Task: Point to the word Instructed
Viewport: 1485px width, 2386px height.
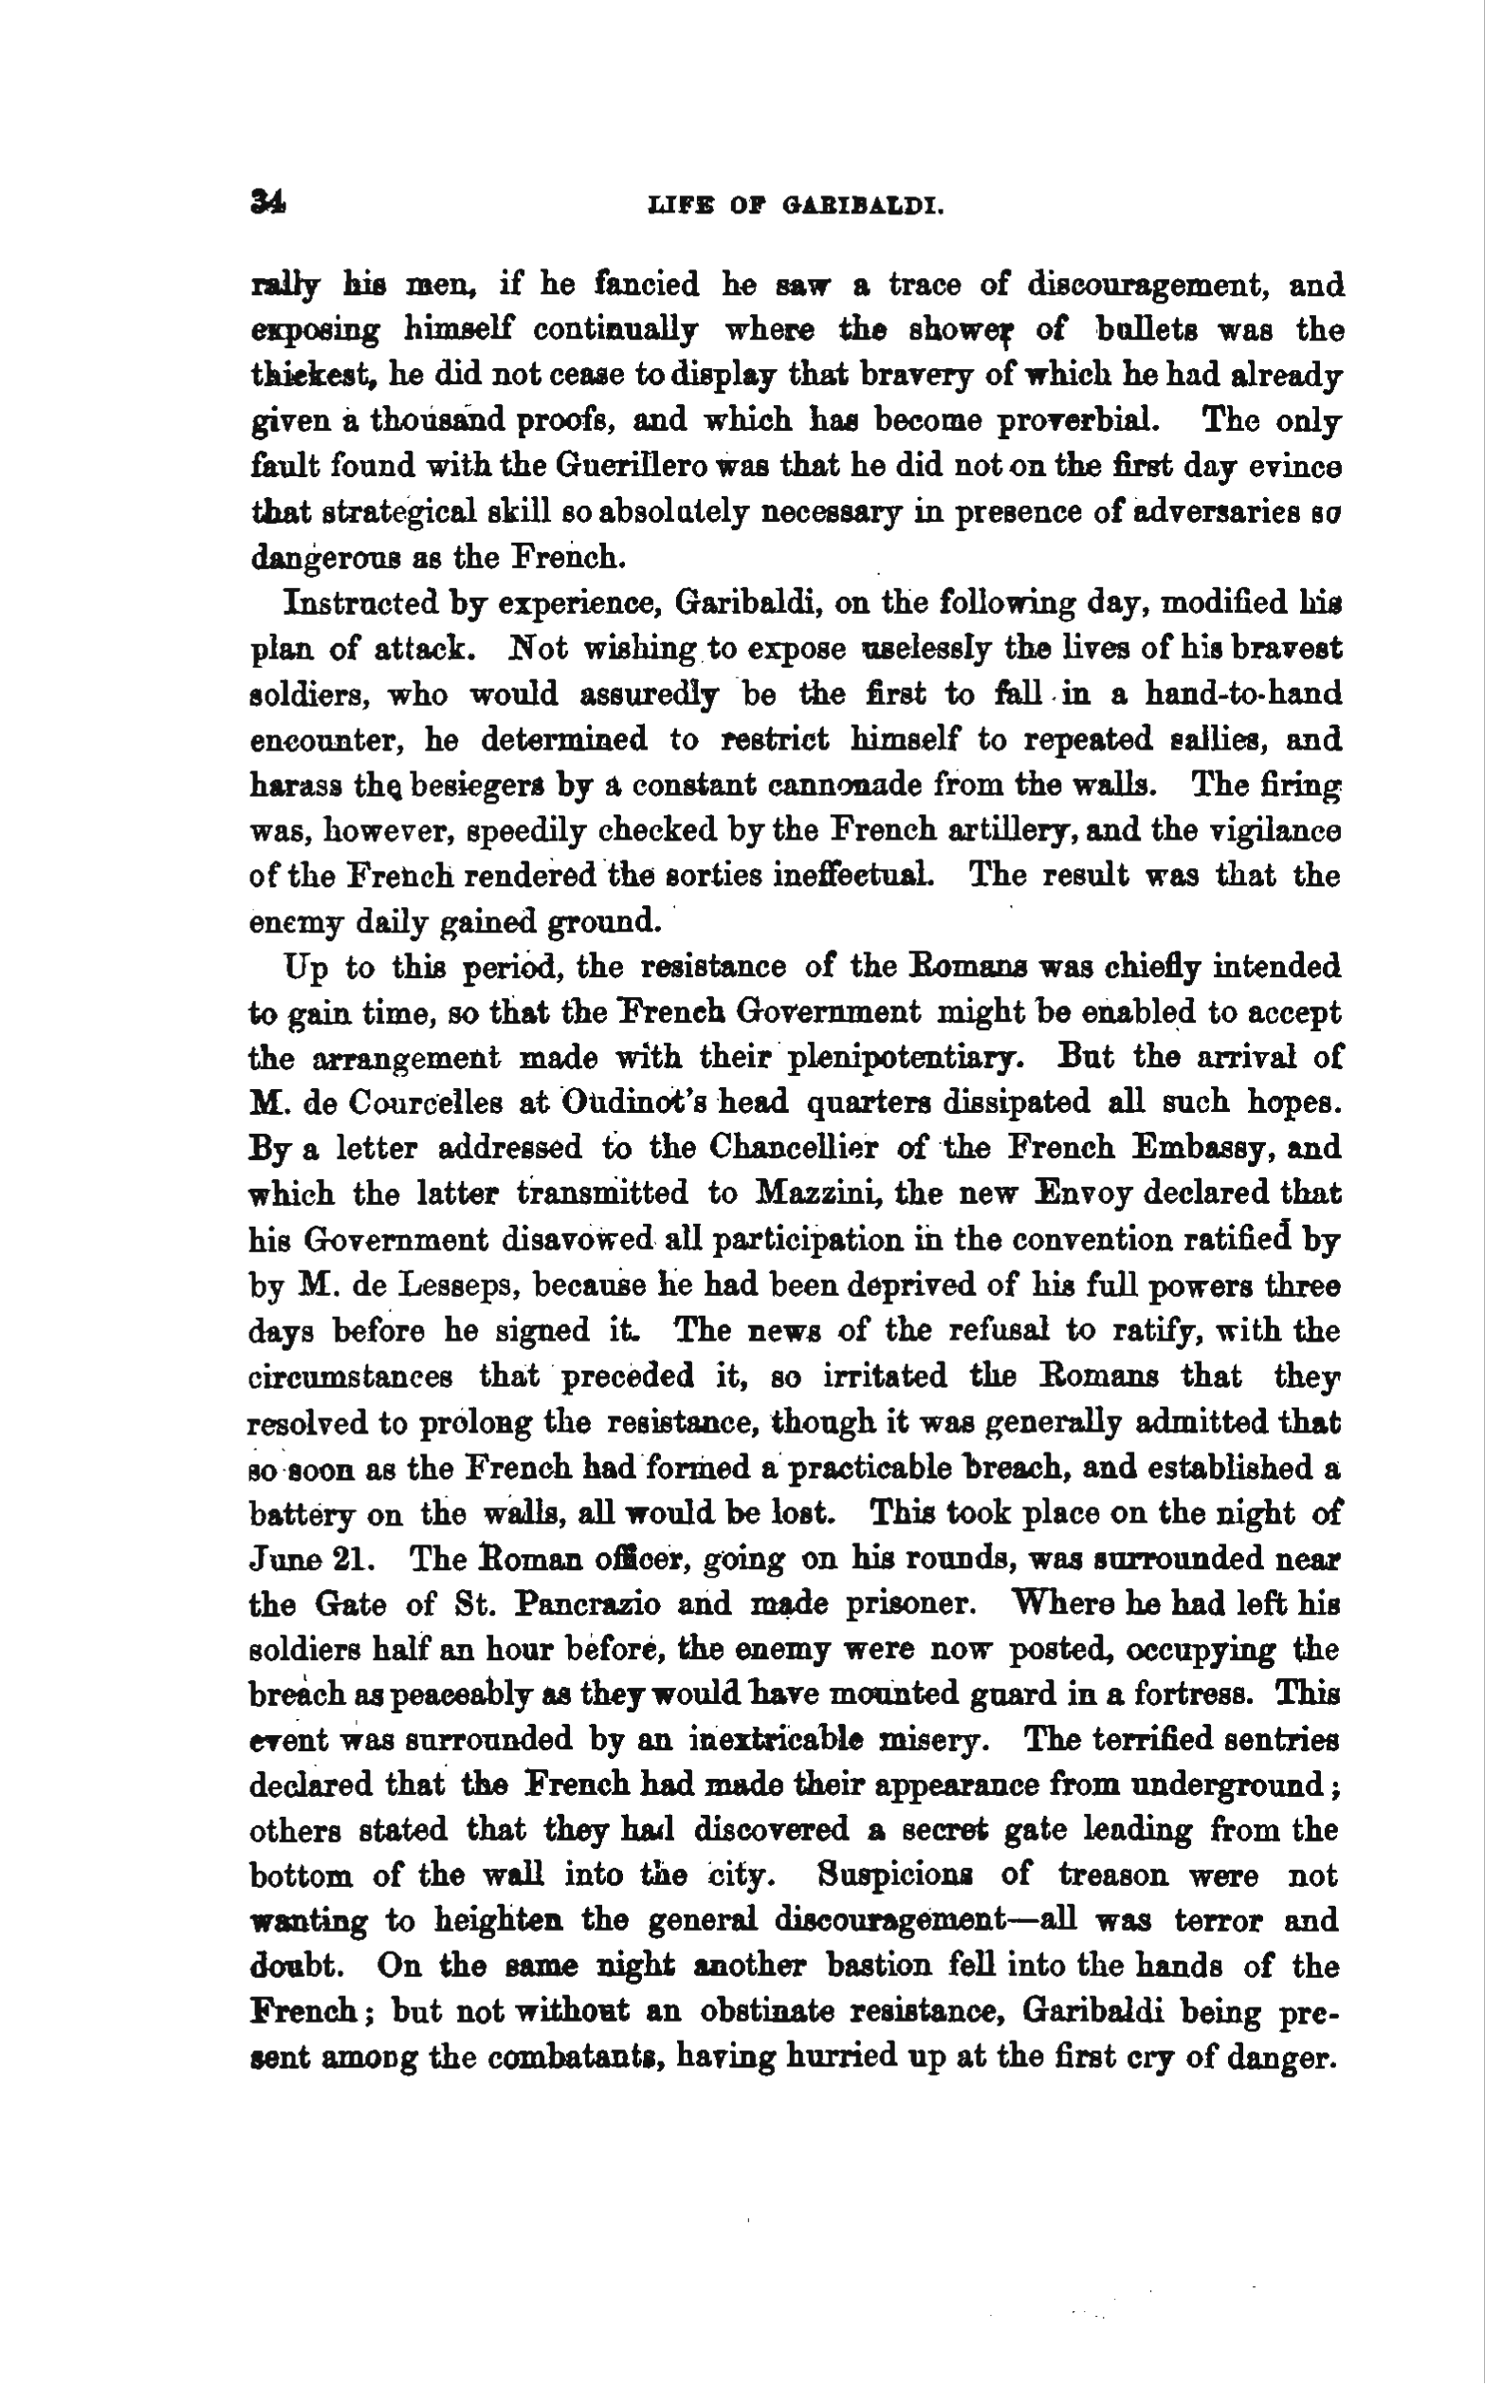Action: point(358,602)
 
